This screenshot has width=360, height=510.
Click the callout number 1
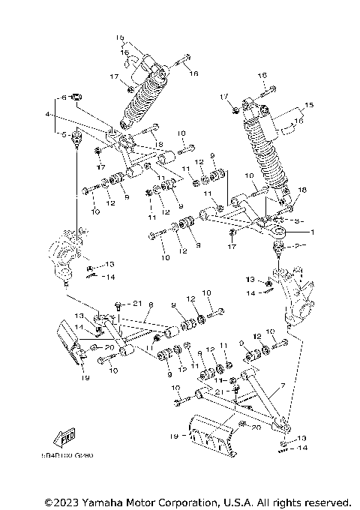(x=313, y=232)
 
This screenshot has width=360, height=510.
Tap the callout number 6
(x=65, y=97)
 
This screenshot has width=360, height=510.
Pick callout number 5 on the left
(x=65, y=134)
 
